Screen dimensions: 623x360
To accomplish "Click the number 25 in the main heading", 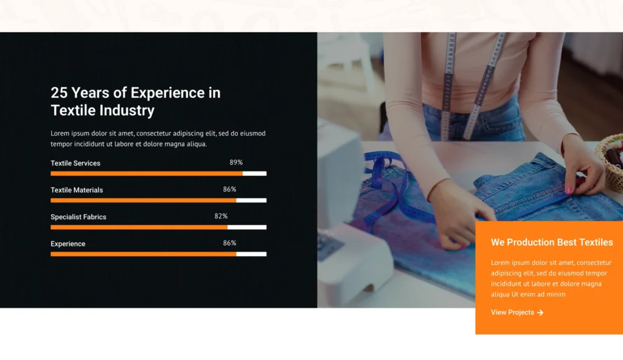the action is (x=59, y=92).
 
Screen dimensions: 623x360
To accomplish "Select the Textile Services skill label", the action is (x=75, y=164).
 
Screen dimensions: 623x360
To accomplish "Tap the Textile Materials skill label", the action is (x=77, y=190).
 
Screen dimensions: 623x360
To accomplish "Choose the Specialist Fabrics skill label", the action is (x=78, y=217).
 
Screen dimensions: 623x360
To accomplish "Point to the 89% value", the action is (x=236, y=162).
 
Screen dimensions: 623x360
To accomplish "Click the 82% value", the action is (x=221, y=216).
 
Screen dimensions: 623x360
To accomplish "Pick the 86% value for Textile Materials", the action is (x=229, y=190).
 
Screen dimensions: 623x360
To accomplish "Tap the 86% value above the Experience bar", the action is (x=229, y=243).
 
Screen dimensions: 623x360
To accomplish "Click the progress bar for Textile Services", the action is (x=159, y=174).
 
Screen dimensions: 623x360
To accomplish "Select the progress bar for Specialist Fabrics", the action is (x=159, y=227).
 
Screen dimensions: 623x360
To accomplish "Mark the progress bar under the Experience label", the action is (x=159, y=254).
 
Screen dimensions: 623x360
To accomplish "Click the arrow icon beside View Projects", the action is (x=540, y=313).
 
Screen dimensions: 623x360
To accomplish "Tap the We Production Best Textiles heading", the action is (x=552, y=243).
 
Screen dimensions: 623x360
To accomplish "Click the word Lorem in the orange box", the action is (x=500, y=263).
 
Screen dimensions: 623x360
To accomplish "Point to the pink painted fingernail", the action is (x=569, y=190).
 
